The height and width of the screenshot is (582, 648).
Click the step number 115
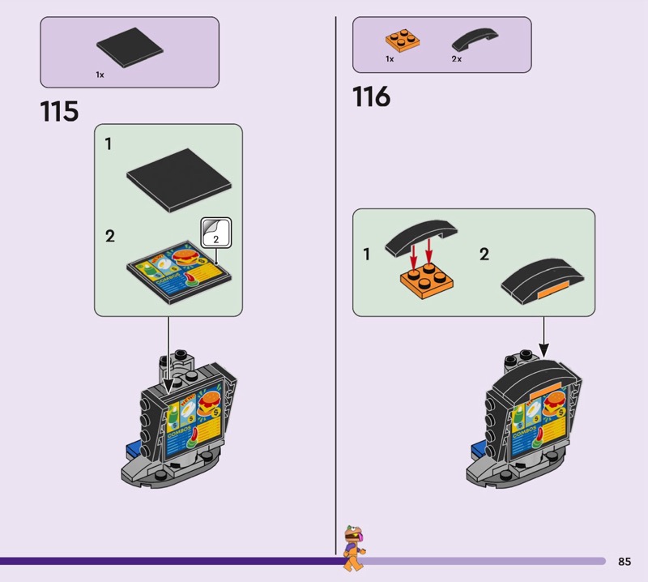pyautogui.click(x=59, y=111)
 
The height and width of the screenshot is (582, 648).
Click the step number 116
pyautogui.click(x=371, y=96)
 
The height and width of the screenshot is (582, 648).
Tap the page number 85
pyautogui.click(x=624, y=562)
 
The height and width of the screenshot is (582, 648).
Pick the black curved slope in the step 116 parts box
pyautogui.click(x=475, y=40)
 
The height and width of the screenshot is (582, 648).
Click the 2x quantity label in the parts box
pyautogui.click(x=456, y=59)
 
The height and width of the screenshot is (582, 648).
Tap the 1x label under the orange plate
pyautogui.click(x=390, y=59)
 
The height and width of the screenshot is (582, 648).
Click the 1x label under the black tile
pyautogui.click(x=100, y=75)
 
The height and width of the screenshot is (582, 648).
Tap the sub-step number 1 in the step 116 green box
pyautogui.click(x=366, y=255)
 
